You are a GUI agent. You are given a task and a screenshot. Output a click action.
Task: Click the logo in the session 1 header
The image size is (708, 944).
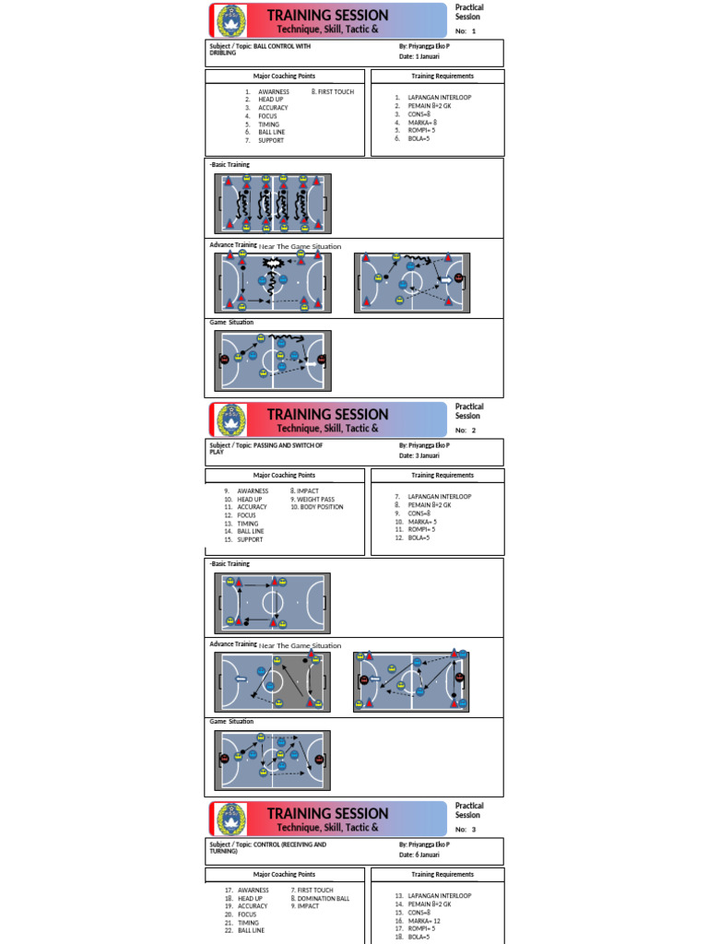pos(232,21)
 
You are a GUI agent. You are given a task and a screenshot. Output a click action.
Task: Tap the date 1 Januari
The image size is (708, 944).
pos(419,56)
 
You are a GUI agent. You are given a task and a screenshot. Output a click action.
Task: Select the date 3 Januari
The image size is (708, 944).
pos(419,455)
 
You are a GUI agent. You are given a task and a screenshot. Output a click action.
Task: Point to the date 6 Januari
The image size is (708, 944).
pos(419,855)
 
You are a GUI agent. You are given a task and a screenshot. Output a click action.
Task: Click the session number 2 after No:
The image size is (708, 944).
pos(474,431)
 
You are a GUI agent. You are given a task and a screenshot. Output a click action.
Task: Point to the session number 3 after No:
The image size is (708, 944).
pos(474,830)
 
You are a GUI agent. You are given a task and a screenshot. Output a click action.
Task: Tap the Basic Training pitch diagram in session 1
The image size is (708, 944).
pos(274,203)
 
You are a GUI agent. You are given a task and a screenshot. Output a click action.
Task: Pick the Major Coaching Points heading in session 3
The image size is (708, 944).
pos(284,875)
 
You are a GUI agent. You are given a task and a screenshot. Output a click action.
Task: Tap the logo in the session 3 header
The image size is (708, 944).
pos(232,820)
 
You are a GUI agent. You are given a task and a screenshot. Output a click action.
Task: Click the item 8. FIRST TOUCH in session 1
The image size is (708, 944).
pos(333,92)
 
